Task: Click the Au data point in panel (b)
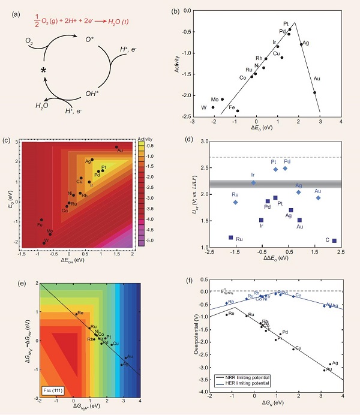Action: (x=314, y=92)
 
